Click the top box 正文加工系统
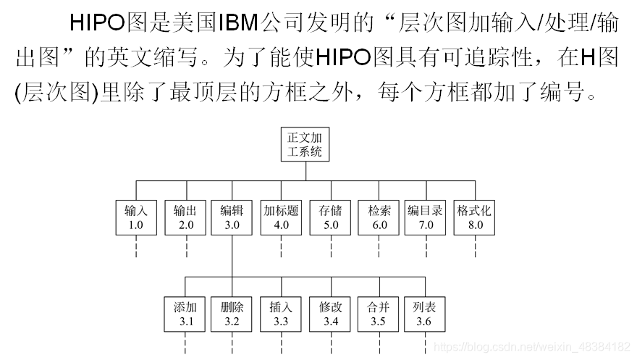(x=305, y=144)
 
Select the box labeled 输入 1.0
(x=136, y=217)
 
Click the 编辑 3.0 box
(x=232, y=217)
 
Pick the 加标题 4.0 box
(x=282, y=217)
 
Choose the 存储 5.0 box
(x=331, y=217)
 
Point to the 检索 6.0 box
(x=379, y=217)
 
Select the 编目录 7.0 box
(x=426, y=217)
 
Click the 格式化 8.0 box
(x=475, y=217)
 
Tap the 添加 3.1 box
(x=186, y=314)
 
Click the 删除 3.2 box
(x=232, y=314)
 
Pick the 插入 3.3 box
(x=281, y=314)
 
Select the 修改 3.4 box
(x=331, y=314)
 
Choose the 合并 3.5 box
(x=378, y=314)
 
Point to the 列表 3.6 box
(x=424, y=314)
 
